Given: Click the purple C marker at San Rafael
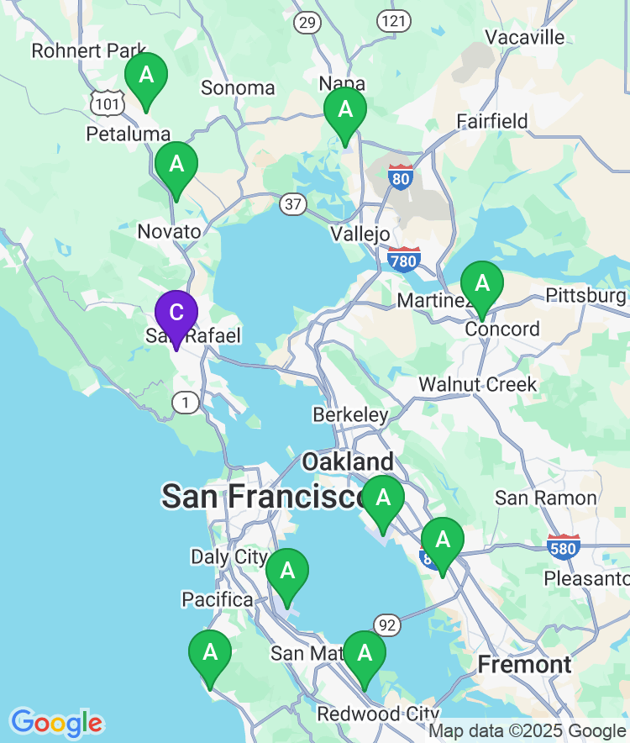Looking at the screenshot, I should tap(176, 314).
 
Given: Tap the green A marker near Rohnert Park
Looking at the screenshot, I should tap(146, 76).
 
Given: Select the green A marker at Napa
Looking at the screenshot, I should tap(345, 110).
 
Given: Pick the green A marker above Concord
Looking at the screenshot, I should tap(482, 284).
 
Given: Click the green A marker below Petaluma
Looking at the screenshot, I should tap(176, 165).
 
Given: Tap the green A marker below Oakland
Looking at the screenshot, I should tap(383, 498).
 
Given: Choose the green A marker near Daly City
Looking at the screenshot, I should tap(287, 572).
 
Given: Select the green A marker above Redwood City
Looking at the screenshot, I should tap(365, 654).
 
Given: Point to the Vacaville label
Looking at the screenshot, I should tap(525, 37).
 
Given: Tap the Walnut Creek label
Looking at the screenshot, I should tap(478, 384).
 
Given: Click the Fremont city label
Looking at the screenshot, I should tap(524, 665).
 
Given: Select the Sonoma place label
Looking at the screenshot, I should tap(238, 87).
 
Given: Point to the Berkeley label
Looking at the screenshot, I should tap(350, 415).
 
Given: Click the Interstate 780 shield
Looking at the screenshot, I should tap(403, 261).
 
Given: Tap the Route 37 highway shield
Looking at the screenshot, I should tap(293, 203).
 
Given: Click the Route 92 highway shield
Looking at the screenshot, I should tap(386, 624).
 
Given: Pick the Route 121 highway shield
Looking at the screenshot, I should tap(393, 21).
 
